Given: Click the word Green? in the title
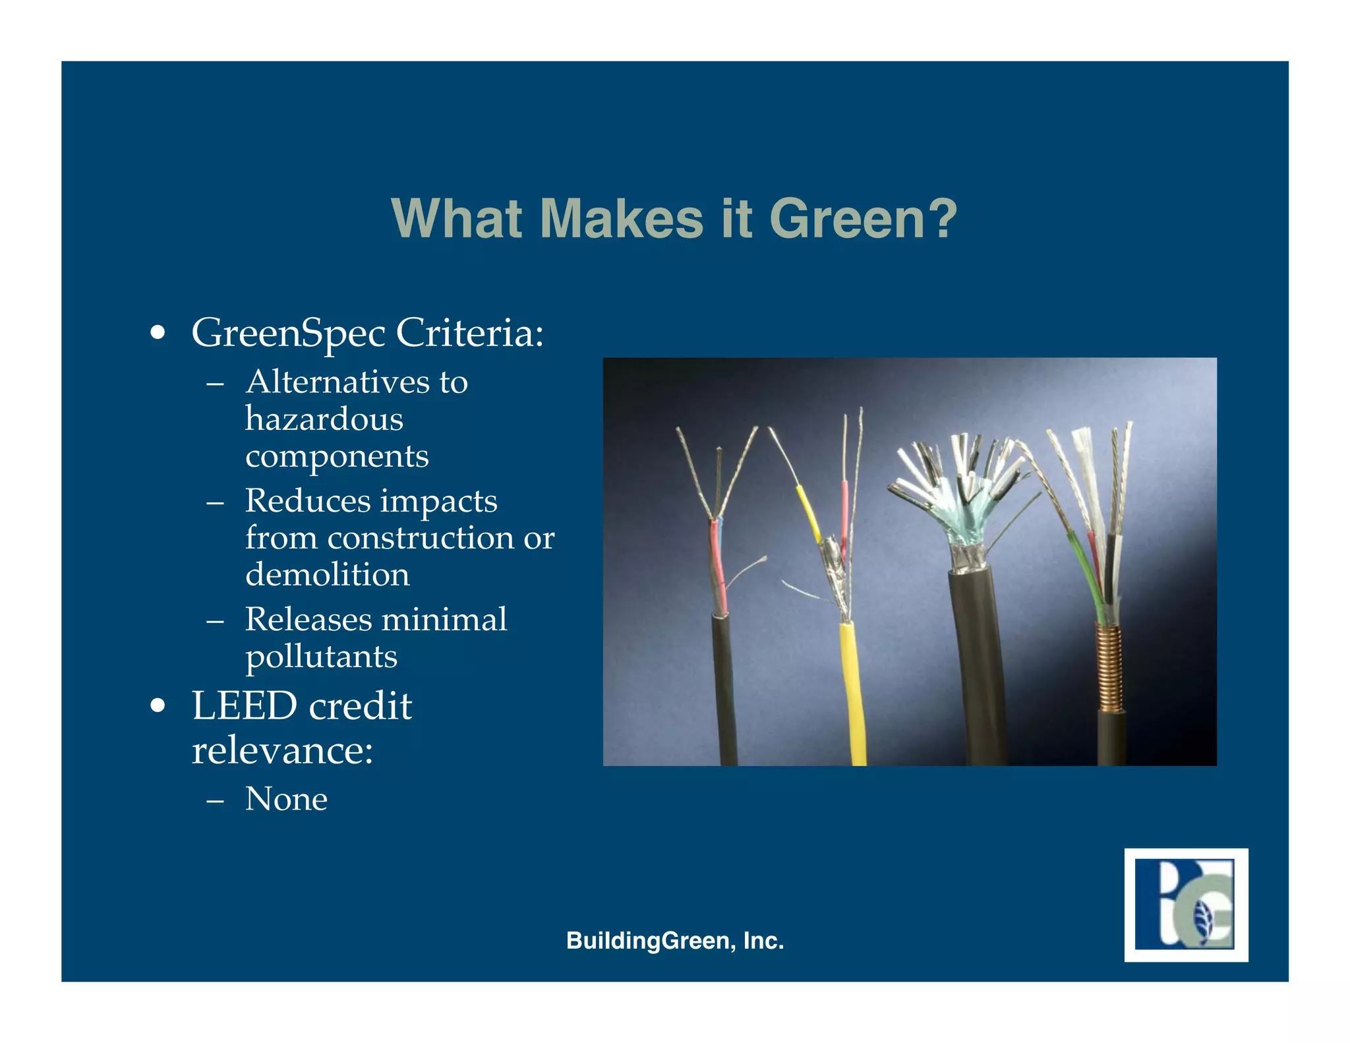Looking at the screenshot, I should coord(863,219).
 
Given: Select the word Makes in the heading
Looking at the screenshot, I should coord(622,219).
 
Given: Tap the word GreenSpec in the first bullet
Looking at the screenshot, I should coord(288,333).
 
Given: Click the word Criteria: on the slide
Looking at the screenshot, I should coord(469,332).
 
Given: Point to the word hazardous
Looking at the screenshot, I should coord(324,419).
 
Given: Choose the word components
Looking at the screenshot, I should coord(337,456).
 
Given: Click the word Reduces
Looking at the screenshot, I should coord(307,500).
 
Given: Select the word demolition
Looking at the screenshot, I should coord(327,574).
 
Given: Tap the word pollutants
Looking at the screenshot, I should coord(321,657).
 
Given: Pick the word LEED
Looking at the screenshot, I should coord(244,706).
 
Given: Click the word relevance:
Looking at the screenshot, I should coord(282,750).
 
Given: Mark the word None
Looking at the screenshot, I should coord(286,799).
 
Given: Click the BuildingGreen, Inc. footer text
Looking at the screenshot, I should coord(674,941).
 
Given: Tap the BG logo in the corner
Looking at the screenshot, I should coord(1185,905).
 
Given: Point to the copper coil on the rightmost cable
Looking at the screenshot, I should coord(1109,666).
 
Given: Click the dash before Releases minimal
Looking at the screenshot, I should coord(215,621).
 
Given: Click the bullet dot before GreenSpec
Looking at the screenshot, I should coord(157,333).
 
